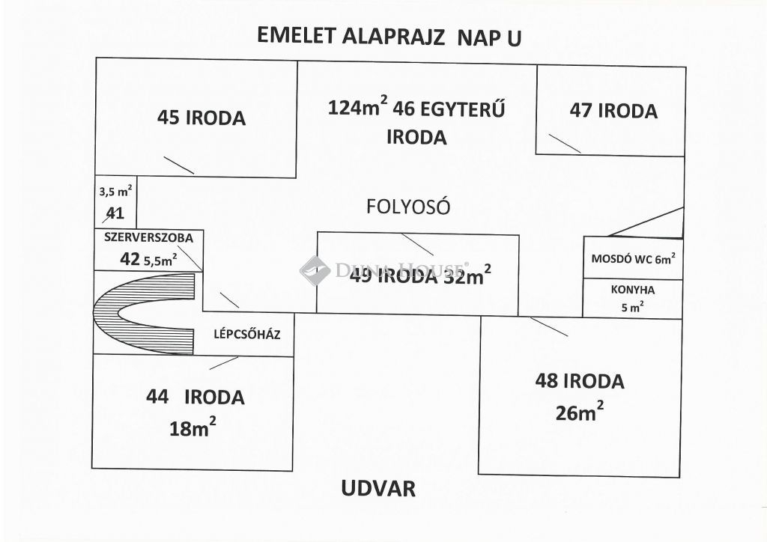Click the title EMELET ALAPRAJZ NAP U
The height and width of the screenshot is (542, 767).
tap(389, 37)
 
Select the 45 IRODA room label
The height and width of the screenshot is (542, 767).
tap(201, 118)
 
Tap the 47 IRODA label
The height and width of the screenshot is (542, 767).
tap(613, 111)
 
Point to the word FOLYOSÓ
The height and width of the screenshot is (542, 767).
tap(408, 207)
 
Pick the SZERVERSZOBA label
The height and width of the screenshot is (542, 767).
tap(149, 238)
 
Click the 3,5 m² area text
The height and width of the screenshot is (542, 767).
tap(115, 191)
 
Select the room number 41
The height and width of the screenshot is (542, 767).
tap(115, 213)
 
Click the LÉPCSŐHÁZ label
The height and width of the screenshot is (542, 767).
tap(247, 335)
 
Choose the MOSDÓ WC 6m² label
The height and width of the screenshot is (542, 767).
tap(634, 258)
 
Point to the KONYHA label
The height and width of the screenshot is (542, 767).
tap(632, 290)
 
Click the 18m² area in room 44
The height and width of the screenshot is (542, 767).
tap(192, 427)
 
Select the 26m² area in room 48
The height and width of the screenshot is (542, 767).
tap(579, 412)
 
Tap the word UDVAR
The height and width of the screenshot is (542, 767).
tap(378, 488)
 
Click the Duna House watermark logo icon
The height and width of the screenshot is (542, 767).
tap(315, 270)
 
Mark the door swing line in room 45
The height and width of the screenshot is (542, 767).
tap(178, 165)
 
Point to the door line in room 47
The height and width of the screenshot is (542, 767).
tap(565, 143)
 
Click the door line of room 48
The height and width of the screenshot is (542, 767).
tap(549, 327)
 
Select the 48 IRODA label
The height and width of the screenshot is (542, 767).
tap(580, 381)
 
